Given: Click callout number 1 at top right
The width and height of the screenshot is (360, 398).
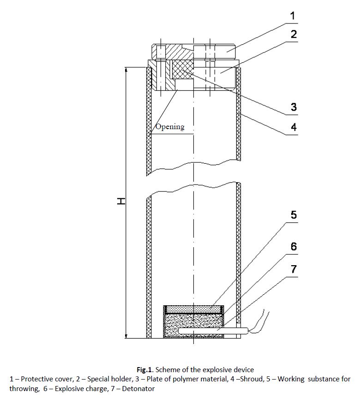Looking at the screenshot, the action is (x=293, y=16).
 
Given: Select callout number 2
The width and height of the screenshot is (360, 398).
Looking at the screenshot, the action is (x=294, y=34).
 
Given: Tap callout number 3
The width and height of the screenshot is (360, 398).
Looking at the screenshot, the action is (x=294, y=107).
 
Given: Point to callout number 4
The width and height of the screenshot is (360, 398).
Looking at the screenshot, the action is (x=294, y=127).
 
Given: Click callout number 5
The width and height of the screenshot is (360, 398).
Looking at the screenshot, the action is (x=294, y=215).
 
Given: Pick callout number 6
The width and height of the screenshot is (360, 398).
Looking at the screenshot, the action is (x=294, y=246).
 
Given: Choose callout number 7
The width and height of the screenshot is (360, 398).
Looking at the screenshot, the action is (x=294, y=269).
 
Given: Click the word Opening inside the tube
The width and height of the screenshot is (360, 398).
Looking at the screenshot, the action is (x=170, y=127).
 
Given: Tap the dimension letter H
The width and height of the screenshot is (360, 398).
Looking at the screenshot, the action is (x=121, y=201).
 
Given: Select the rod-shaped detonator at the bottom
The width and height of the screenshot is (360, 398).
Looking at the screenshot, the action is (x=213, y=331).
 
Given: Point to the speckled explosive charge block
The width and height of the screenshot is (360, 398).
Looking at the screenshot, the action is (x=193, y=326).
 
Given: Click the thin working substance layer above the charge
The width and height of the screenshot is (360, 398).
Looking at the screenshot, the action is (x=193, y=309).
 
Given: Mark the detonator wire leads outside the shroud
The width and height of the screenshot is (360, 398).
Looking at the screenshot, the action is (x=258, y=322).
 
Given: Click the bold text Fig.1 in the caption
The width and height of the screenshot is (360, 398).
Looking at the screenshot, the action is (x=144, y=369).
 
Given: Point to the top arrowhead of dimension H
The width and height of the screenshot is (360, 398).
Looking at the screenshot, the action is (x=126, y=70).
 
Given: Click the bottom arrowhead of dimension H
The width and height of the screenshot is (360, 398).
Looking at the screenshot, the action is (x=126, y=336).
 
